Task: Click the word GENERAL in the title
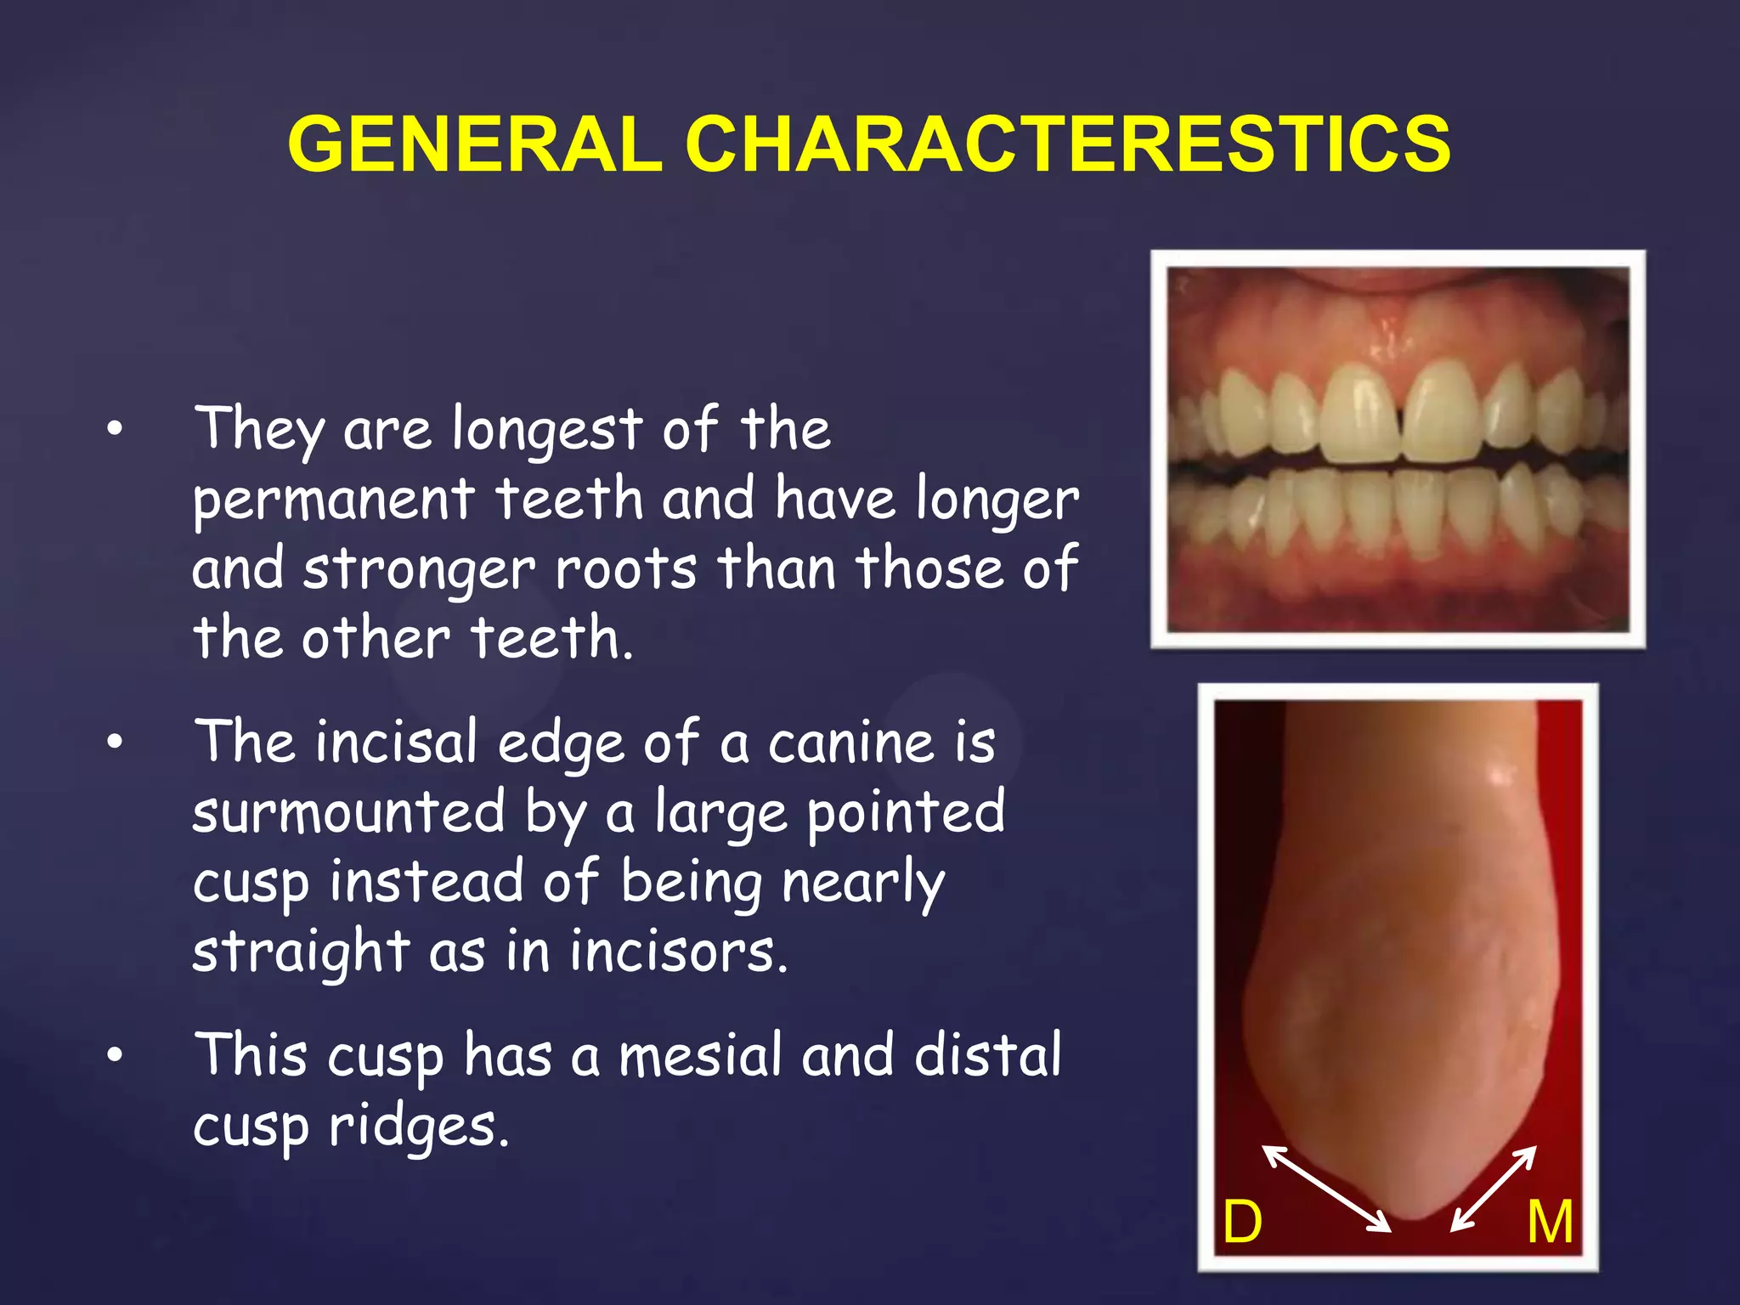[476, 144]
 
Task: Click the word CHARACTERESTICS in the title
[1068, 144]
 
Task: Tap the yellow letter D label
[1242, 1222]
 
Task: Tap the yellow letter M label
[1550, 1222]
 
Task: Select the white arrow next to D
[1325, 1188]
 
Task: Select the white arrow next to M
[1494, 1188]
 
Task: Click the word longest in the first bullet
[547, 430]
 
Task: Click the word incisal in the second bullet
[396, 743]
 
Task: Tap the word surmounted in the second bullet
[348, 812]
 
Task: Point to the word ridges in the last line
[418, 1127]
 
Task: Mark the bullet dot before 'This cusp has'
[116, 1055]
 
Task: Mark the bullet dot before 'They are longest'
[116, 430]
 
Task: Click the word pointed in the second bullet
[906, 812]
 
